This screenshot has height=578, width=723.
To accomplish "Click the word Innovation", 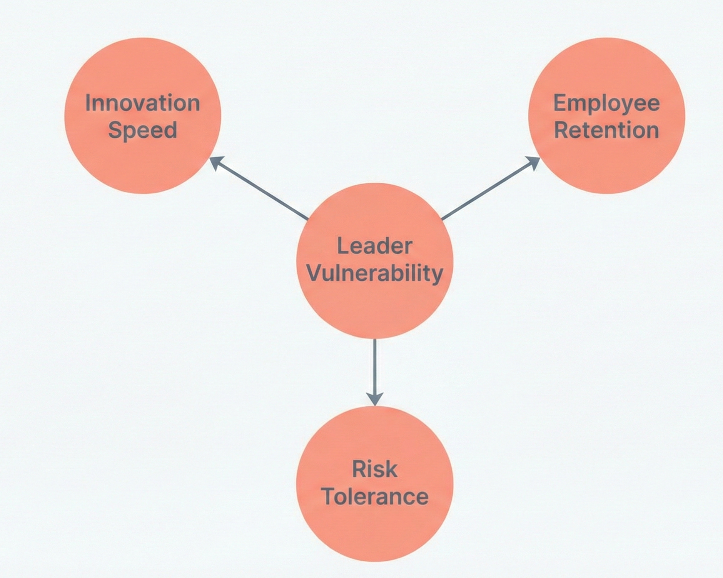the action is click(142, 103).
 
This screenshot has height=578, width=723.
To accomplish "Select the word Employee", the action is click(606, 104).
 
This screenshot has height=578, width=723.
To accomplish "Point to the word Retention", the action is click(606, 130).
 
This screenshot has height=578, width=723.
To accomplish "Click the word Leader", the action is click(374, 246).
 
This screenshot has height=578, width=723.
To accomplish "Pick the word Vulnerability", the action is click(374, 273).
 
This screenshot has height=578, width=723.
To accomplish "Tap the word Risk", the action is click(374, 469).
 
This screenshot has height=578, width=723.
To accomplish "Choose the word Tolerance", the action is click(374, 496).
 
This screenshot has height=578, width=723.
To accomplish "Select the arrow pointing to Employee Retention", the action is click(489, 189).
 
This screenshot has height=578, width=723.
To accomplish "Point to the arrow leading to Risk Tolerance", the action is click(374, 369).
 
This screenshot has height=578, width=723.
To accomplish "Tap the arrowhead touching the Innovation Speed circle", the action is click(216, 162).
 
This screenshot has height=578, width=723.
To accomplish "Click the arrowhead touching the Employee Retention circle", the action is click(534, 162).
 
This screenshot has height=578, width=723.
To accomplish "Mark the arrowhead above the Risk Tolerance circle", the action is click(374, 399).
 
